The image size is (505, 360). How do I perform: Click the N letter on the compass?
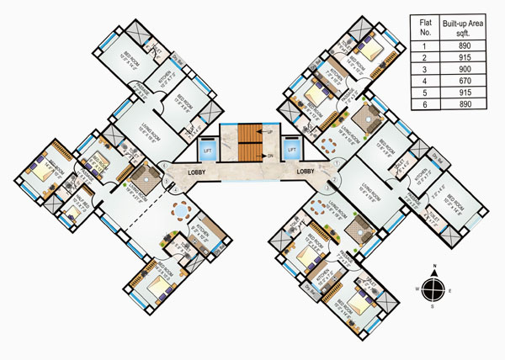click(432, 267)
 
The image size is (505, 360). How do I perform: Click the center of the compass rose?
click(432, 288)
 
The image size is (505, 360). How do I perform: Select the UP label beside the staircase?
click(270, 133)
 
